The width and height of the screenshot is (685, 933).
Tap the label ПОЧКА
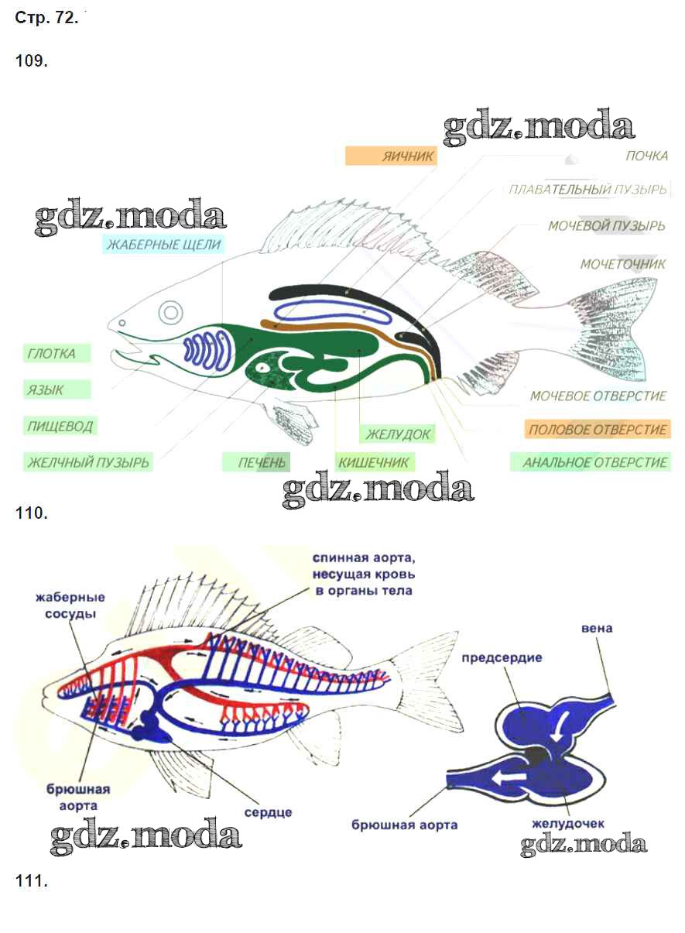pyautogui.click(x=646, y=156)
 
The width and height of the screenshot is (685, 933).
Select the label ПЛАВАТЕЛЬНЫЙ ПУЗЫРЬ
pyautogui.click(x=587, y=190)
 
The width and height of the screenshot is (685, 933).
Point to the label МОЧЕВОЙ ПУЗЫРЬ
pyautogui.click(x=606, y=226)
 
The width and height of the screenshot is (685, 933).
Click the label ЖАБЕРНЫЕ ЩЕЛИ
pyautogui.click(x=164, y=245)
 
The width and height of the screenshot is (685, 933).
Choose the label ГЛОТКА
pyautogui.click(x=52, y=355)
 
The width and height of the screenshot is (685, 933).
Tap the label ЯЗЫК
pyautogui.click(x=46, y=389)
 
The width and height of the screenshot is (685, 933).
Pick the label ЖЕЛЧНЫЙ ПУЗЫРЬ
pyautogui.click(x=88, y=463)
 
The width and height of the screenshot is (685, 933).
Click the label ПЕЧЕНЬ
pyautogui.click(x=262, y=463)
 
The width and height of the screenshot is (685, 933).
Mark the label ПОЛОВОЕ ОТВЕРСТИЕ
pyautogui.click(x=596, y=430)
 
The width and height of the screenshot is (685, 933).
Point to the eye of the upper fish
pyautogui.click(x=170, y=313)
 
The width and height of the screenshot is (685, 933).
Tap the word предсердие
pyautogui.click(x=502, y=658)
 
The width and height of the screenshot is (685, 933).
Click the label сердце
pyautogui.click(x=268, y=812)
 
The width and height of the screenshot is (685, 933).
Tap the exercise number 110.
pyautogui.click(x=31, y=513)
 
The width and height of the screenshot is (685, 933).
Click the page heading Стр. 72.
pyautogui.click(x=46, y=19)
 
